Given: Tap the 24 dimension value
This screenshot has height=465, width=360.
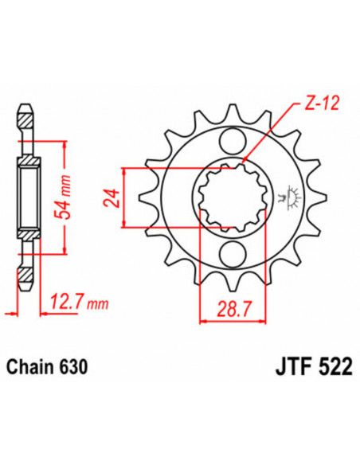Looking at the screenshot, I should [x=112, y=198].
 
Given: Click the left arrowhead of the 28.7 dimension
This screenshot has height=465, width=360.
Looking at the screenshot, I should [x=202, y=322].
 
